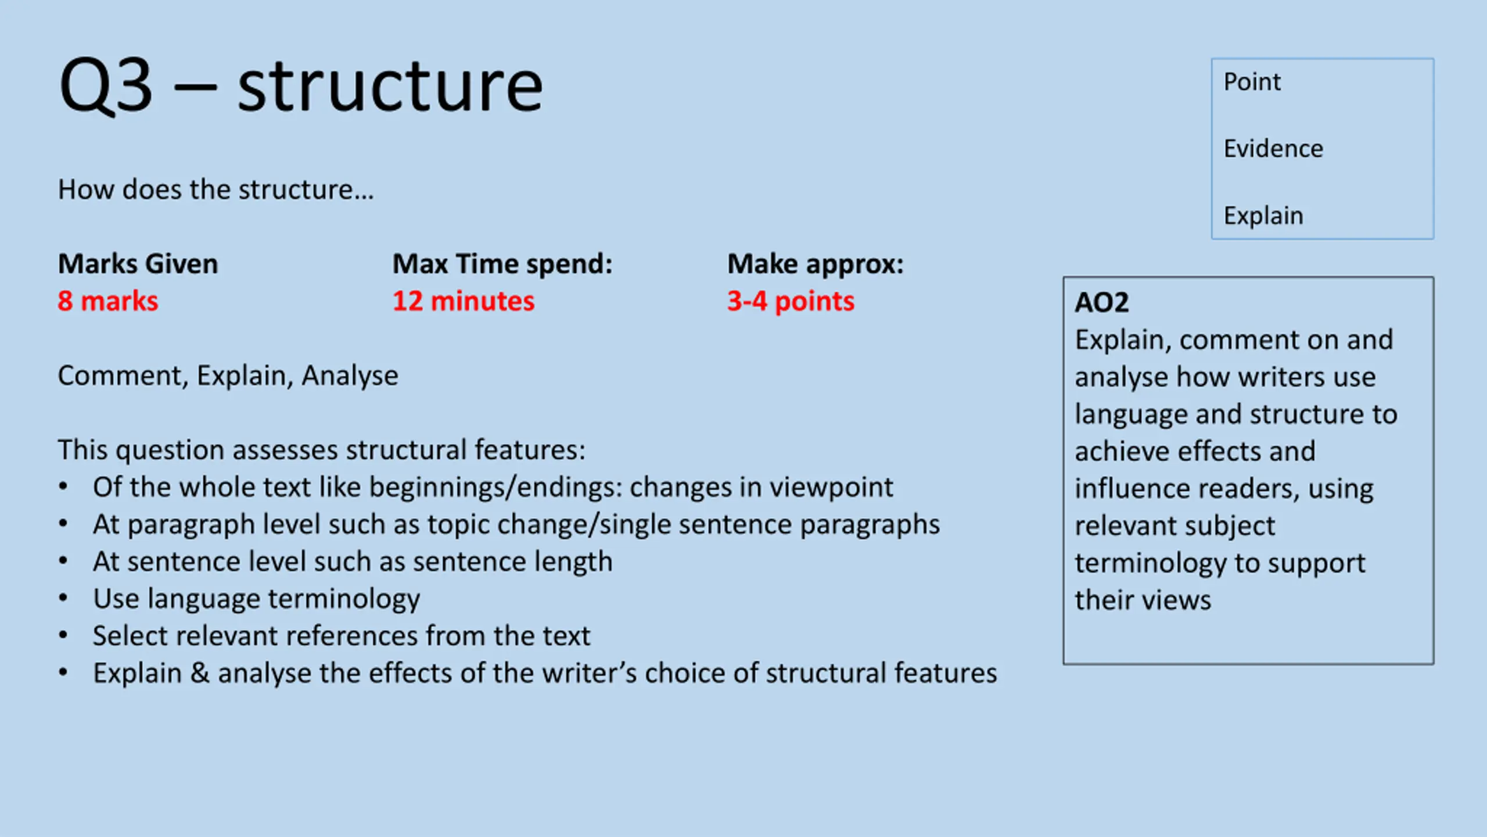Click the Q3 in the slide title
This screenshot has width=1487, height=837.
106,86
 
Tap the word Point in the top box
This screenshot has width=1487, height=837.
1252,82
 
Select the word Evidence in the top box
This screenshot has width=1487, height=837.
1273,149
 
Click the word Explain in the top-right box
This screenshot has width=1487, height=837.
1263,216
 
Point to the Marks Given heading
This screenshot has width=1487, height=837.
138,264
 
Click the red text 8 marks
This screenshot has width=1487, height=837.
107,301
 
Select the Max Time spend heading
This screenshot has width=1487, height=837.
502,264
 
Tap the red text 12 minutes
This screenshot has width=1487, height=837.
464,301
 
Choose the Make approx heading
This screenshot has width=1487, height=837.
816,264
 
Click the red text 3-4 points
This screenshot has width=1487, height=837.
791,301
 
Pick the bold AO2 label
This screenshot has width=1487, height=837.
1101,302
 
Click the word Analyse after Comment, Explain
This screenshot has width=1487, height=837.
350,376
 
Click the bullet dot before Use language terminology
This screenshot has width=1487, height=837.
63,598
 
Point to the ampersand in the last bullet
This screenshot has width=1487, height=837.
200,673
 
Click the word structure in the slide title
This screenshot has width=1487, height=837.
390,86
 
